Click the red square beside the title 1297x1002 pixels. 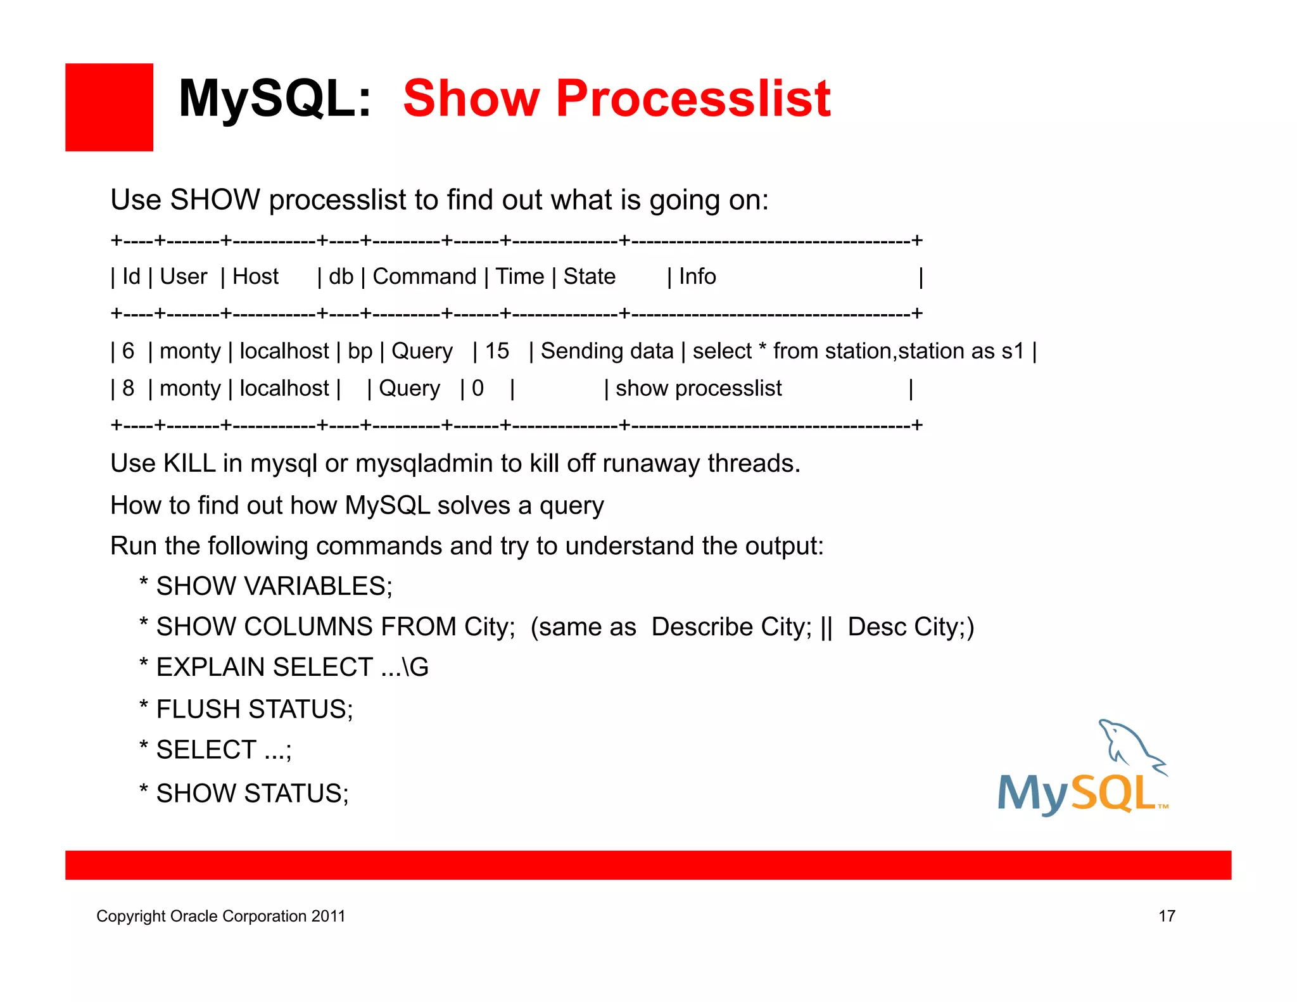[x=109, y=107]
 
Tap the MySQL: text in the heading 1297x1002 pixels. [x=274, y=99]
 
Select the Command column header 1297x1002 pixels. [x=424, y=277]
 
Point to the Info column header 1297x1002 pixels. [x=697, y=277]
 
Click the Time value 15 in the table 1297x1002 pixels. [x=497, y=351]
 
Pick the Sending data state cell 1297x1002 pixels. [x=606, y=351]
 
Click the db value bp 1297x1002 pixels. [x=360, y=351]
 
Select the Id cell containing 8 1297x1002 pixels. [x=128, y=388]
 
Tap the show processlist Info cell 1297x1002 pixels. [x=698, y=388]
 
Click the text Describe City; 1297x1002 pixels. [x=731, y=627]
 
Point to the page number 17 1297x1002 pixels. [x=1167, y=916]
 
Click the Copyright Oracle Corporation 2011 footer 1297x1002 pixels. [x=220, y=916]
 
